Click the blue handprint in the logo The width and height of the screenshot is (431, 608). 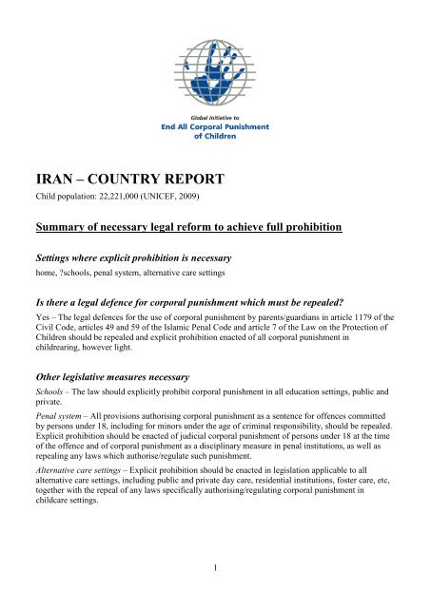tap(215, 56)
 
